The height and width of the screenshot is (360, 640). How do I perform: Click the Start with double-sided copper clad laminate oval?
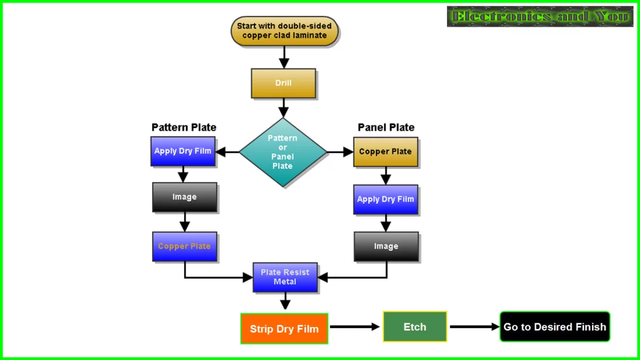tap(284, 30)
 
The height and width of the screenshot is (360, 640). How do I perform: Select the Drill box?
tap(283, 83)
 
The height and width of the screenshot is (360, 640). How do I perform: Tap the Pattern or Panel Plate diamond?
tap(283, 152)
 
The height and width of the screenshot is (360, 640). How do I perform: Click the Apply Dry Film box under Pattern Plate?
tap(183, 151)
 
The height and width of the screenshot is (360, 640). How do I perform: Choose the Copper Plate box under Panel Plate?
tap(385, 151)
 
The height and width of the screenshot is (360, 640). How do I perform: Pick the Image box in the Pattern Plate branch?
tap(185, 197)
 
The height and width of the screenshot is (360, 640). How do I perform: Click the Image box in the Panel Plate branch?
tap(386, 246)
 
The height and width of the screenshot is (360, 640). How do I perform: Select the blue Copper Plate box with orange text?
tap(185, 246)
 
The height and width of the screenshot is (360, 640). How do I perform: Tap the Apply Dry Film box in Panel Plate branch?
tap(385, 199)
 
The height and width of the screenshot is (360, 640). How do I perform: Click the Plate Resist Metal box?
tap(285, 277)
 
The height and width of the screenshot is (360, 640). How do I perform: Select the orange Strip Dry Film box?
tap(284, 329)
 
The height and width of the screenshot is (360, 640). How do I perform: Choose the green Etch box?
tap(414, 327)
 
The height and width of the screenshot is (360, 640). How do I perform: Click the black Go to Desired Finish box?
tap(555, 327)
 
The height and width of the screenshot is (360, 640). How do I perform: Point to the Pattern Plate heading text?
tap(184, 127)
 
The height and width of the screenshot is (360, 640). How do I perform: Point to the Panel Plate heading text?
tap(386, 127)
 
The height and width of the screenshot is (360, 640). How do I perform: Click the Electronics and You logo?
tap(540, 17)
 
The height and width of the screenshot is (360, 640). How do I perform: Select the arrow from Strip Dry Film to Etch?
tap(355, 327)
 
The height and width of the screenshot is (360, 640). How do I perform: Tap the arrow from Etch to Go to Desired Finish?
tap(474, 327)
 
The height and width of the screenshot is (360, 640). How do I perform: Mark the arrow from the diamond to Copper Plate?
tap(340, 152)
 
